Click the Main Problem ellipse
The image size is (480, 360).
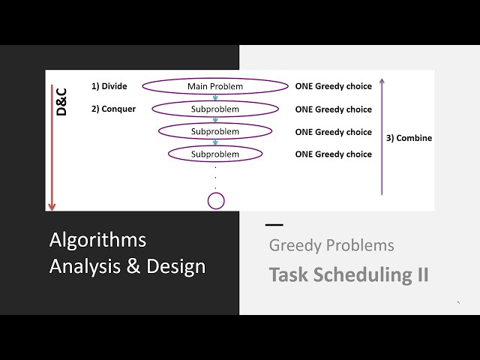tap(215, 86)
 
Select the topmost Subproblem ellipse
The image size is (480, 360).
tap(215, 109)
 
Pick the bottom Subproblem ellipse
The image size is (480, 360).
tap(215, 154)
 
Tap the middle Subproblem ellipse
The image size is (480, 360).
tap(215, 131)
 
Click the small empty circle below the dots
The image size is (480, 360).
tap(216, 200)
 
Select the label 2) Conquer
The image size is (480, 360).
tap(113, 109)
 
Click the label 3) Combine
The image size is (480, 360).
tap(409, 138)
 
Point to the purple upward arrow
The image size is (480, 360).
tap(382, 135)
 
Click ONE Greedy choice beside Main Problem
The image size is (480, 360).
tap(333, 86)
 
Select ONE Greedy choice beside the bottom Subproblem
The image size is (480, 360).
tap(333, 154)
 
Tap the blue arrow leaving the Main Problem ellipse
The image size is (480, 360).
tap(215, 97)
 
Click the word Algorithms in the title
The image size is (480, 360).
tap(97, 240)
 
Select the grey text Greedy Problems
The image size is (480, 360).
tap(331, 245)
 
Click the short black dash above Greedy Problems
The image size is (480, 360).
tap(274, 224)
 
